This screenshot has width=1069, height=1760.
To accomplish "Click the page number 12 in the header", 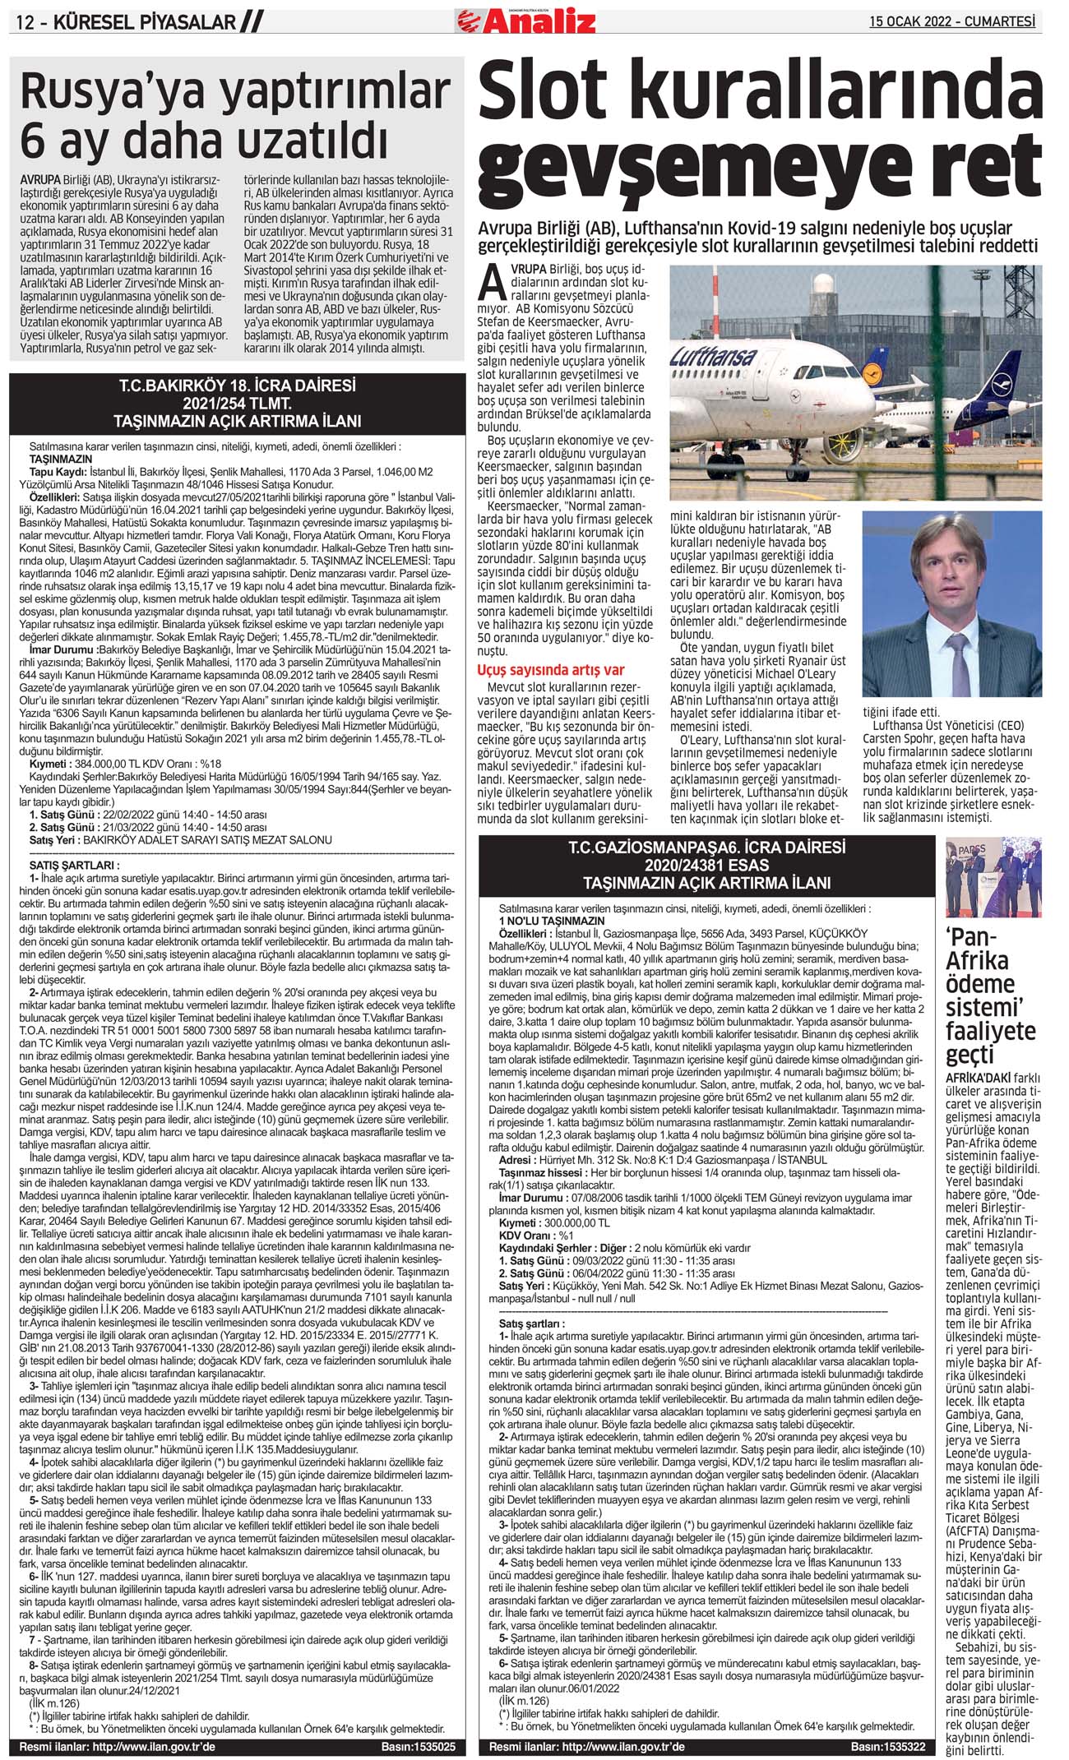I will point(26,22).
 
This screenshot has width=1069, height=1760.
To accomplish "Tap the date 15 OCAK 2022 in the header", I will point(907,21).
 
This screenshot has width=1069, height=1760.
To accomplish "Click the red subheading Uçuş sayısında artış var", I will point(550,670).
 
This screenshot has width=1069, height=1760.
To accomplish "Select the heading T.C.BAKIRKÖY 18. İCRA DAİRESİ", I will point(238,386).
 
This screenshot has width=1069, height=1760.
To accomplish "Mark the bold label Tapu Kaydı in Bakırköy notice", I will point(58,473).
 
